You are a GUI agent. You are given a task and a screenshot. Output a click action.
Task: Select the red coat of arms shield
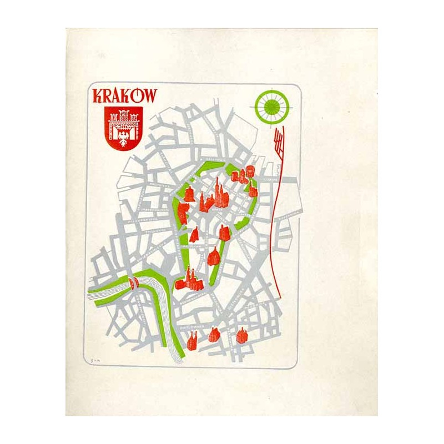(x=124, y=127)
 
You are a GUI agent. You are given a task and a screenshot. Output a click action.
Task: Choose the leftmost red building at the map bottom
(x=192, y=341)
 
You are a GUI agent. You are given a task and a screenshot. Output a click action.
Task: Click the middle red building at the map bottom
(x=214, y=335)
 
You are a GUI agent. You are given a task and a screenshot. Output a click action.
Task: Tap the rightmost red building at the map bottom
(x=241, y=336)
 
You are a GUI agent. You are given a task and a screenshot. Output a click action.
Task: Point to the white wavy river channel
(x=167, y=322)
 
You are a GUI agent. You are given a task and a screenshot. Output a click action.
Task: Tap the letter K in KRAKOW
(x=98, y=95)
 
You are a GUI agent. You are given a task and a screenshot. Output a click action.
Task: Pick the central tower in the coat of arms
(x=124, y=117)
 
